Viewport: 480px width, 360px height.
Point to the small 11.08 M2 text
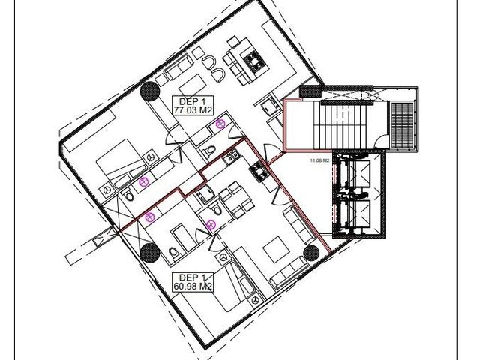pyautogui.click(x=320, y=160)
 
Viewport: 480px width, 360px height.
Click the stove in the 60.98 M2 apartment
pyautogui.click(x=259, y=172)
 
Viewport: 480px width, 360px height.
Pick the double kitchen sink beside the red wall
pyautogui.click(x=231, y=157)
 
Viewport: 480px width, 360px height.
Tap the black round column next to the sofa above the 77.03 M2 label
pyautogui.click(x=150, y=91)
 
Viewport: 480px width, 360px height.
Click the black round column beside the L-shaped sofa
pyautogui.click(x=312, y=253)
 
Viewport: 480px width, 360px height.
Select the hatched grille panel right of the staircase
pyautogui.click(x=402, y=124)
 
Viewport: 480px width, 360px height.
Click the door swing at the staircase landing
pyautogui.click(x=380, y=141)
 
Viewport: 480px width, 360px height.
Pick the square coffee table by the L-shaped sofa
pyautogui.click(x=277, y=249)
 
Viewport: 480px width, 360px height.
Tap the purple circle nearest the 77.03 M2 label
pyautogui.click(x=220, y=124)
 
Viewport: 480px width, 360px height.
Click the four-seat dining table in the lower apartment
pyautogui.click(x=237, y=199)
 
